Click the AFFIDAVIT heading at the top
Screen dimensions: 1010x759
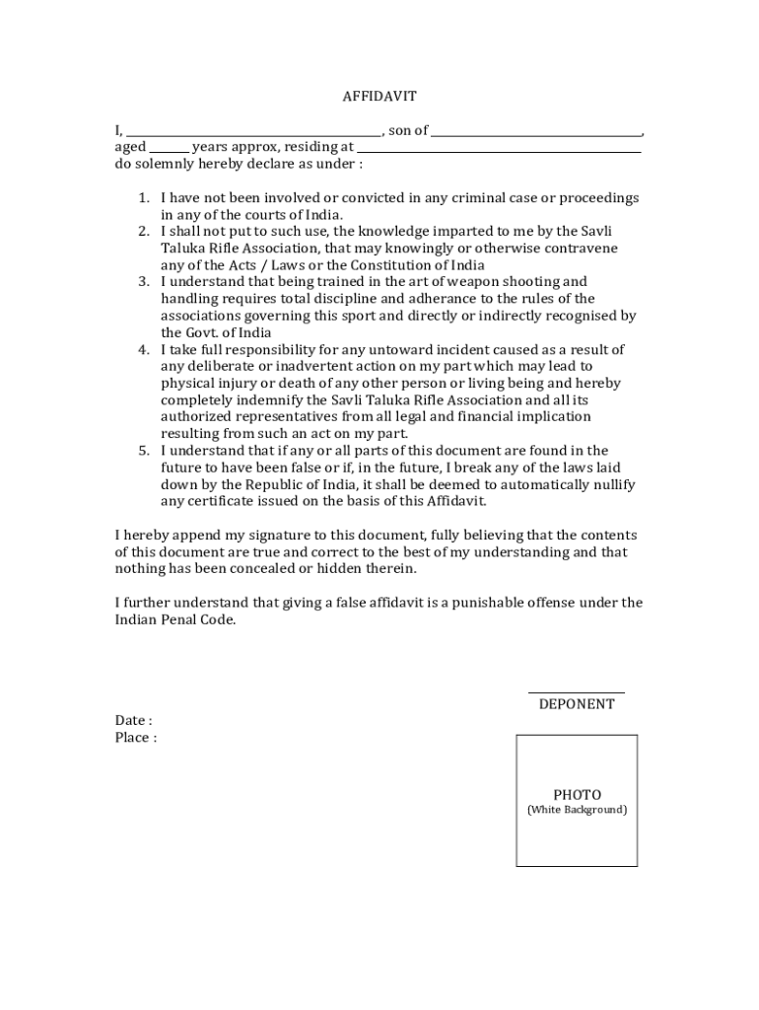(379, 97)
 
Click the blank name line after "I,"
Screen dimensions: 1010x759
(253, 134)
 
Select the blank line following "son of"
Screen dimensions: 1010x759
(536, 134)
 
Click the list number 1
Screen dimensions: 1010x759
(143, 198)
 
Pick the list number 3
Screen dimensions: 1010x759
(143, 282)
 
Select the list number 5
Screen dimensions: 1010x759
(143, 451)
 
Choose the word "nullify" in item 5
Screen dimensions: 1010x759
(613, 484)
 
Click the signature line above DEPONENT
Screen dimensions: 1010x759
(576, 692)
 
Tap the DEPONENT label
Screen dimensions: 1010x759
(577, 704)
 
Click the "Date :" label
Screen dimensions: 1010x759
(133, 721)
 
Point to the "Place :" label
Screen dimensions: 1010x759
(135, 738)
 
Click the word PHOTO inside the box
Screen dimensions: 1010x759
(577, 795)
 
